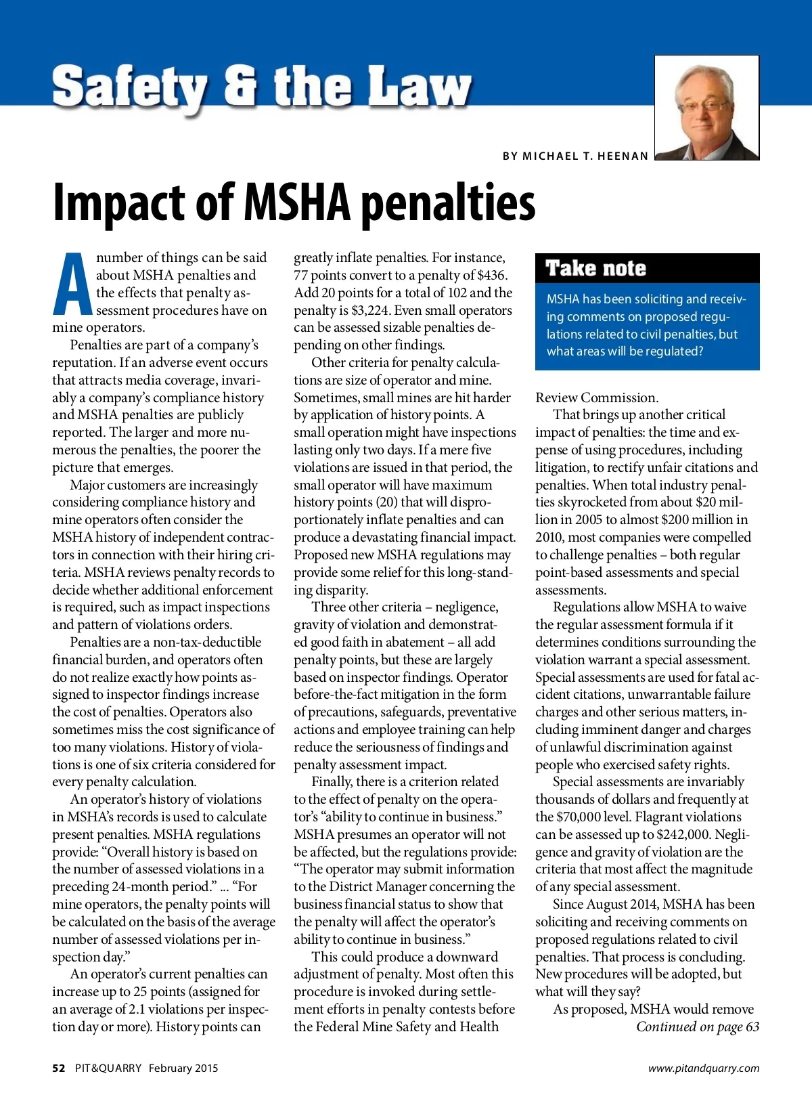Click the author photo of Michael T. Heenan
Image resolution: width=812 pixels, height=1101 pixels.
(706, 108)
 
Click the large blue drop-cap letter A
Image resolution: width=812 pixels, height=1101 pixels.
(72, 285)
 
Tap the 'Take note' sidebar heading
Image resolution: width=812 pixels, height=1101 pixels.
(595, 269)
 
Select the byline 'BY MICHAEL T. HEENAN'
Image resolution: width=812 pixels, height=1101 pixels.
(575, 156)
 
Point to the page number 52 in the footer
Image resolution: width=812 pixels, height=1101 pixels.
(59, 1068)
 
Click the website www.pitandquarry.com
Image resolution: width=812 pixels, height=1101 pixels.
(703, 1068)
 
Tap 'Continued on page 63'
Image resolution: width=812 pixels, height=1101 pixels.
(697, 1027)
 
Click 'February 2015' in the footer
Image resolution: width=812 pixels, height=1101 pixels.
(183, 1068)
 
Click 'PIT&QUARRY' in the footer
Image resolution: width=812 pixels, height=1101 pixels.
(108, 1068)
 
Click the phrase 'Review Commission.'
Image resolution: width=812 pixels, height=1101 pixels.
(596, 397)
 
